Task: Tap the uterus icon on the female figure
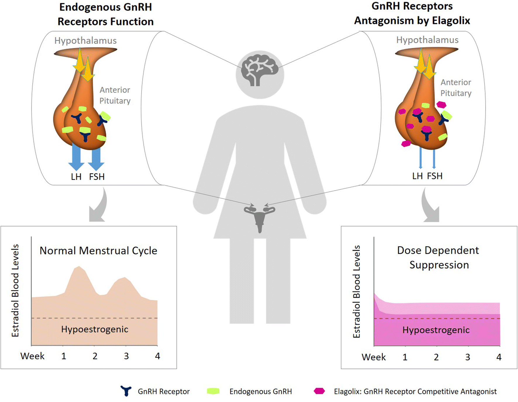(x=260, y=218)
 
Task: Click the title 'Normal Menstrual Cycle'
(x=98, y=251)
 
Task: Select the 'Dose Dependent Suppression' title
(x=438, y=258)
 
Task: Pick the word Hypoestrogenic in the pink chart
(x=436, y=330)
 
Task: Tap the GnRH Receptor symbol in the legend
(x=126, y=391)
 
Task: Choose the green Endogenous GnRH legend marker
(x=213, y=391)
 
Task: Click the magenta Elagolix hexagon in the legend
(x=319, y=391)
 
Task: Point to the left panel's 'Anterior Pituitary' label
(x=115, y=95)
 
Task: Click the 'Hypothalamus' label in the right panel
(x=427, y=40)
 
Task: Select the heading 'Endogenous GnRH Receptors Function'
(x=105, y=14)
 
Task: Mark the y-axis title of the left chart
(x=15, y=291)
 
